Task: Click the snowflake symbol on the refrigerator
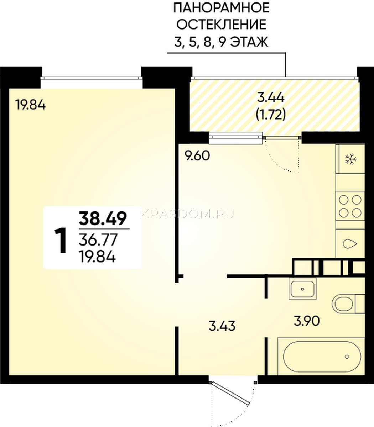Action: point(350,159)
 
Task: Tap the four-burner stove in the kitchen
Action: point(350,206)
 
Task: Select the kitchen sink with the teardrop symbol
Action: point(350,243)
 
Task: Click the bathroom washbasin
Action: point(302,289)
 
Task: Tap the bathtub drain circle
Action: point(347,357)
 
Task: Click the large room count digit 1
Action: point(61,241)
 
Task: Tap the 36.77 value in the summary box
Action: point(98,240)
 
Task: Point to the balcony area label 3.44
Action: point(271,97)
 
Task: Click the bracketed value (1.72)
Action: point(271,114)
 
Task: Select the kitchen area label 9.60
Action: point(197,156)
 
